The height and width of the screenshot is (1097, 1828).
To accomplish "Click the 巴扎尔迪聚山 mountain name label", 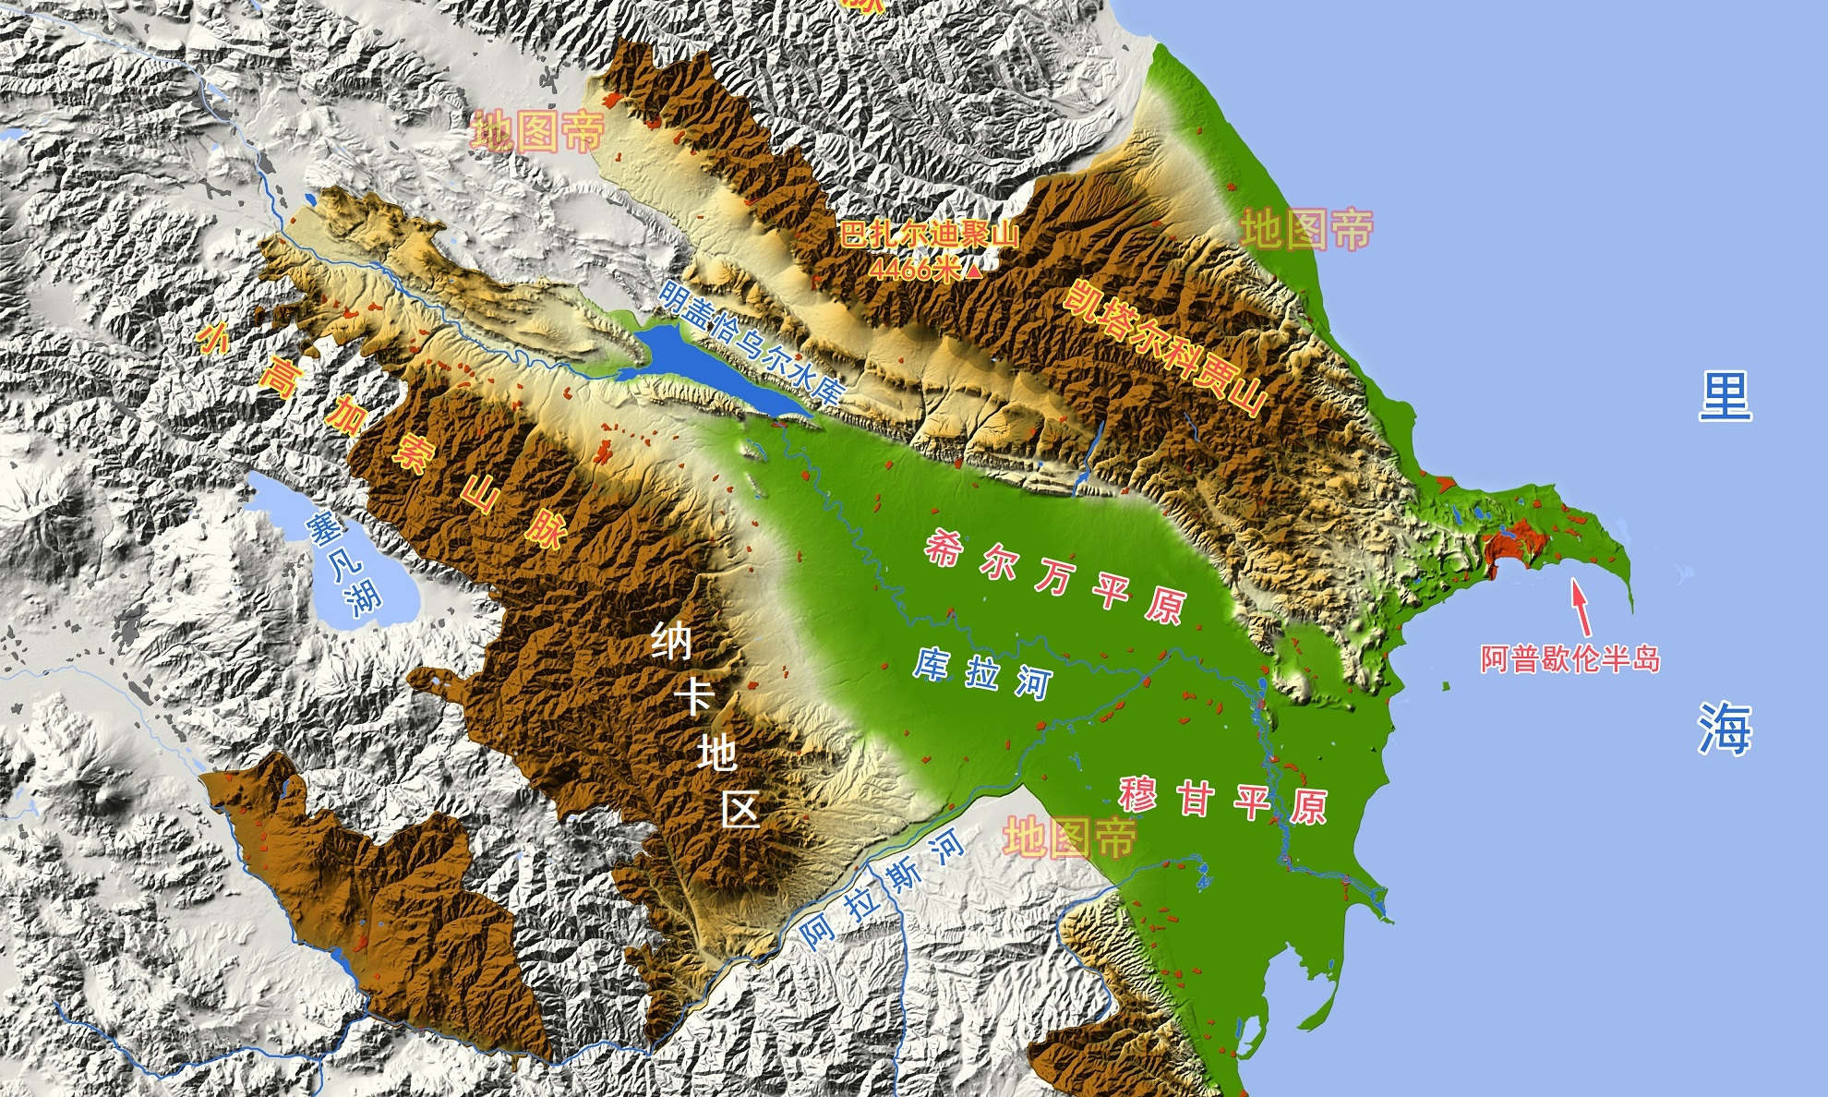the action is point(929,234).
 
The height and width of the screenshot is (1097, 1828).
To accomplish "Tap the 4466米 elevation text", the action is point(914,269).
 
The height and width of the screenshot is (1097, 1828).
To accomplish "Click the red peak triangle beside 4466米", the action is point(973,269).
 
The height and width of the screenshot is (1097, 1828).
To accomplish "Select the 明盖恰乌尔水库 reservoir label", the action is point(752,343).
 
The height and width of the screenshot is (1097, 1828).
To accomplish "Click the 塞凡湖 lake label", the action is point(343,564).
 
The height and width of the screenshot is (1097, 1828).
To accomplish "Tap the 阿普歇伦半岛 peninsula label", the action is point(1570,658).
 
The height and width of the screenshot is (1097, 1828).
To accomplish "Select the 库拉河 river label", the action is point(982,673).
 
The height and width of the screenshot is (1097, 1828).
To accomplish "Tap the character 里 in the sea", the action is point(1725,397).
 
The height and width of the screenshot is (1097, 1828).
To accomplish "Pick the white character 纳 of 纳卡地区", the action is point(671,640).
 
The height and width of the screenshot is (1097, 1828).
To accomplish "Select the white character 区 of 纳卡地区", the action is point(740,810).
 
